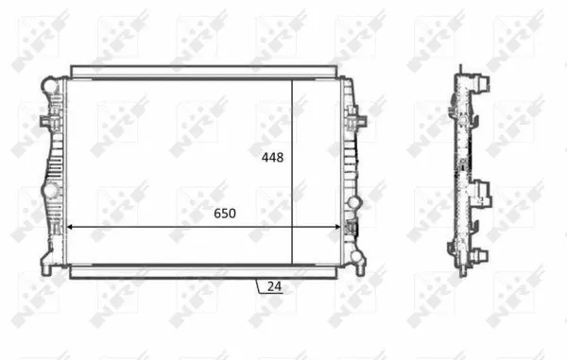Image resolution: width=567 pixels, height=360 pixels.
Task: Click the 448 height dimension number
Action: point(272,158)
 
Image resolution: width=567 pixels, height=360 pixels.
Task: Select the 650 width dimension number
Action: point(223,214)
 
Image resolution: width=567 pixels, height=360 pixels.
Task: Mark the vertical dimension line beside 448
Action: point(292,170)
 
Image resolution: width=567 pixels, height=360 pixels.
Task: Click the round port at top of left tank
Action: point(47,87)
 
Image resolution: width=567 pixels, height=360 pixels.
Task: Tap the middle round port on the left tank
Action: point(47,193)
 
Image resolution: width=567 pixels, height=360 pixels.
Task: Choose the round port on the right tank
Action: point(355,202)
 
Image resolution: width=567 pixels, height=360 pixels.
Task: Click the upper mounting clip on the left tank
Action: point(46,122)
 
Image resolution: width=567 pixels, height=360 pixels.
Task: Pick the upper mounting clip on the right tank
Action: point(357,121)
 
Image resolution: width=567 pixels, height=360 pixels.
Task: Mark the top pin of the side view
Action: point(460,69)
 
